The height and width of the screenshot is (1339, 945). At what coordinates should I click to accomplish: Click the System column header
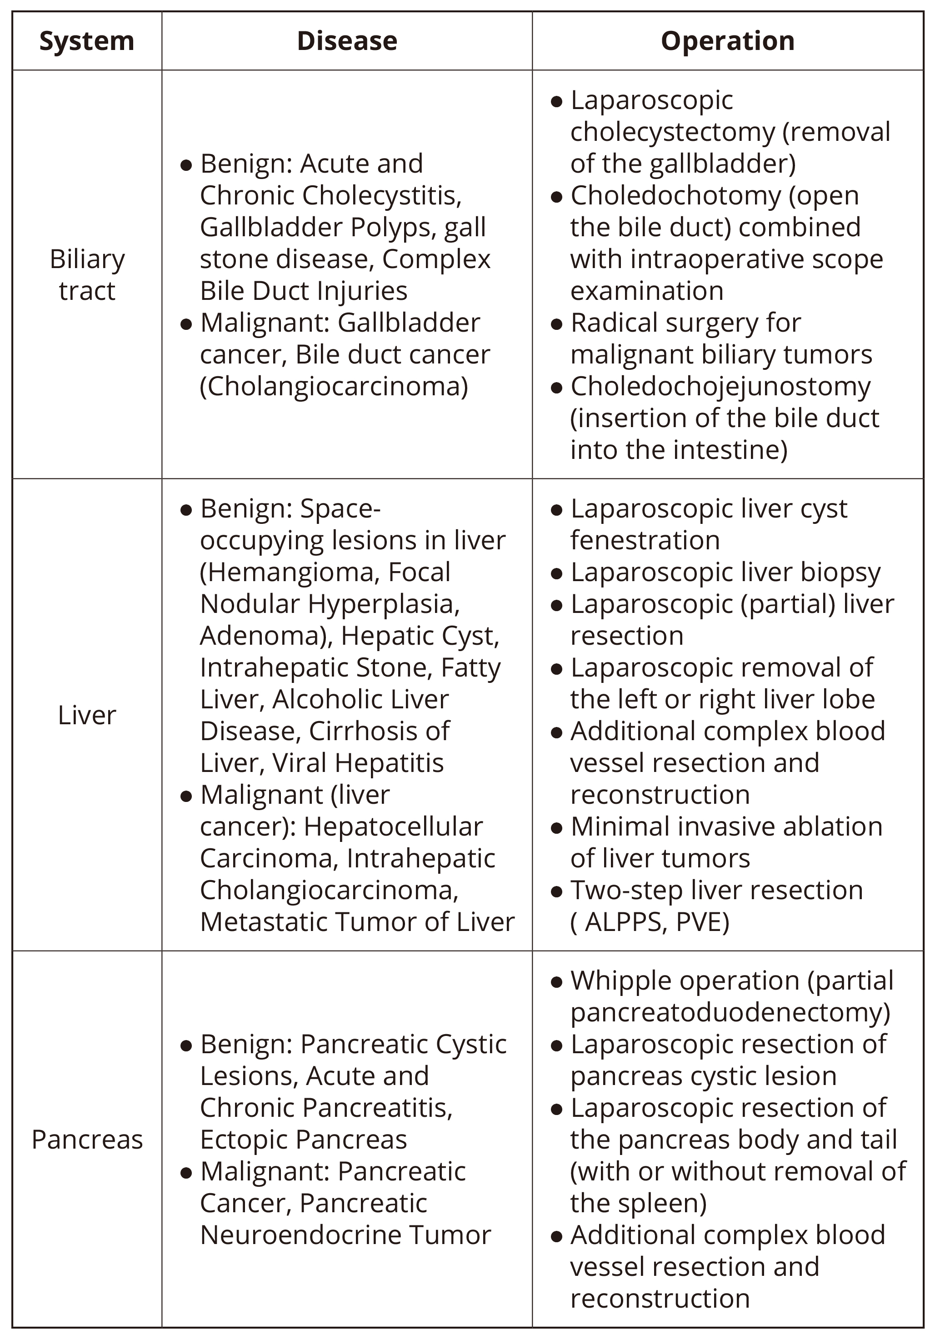(x=86, y=41)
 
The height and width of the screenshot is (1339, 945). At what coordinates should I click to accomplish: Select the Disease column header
(x=347, y=41)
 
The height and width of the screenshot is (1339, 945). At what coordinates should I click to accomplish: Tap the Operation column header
(x=727, y=41)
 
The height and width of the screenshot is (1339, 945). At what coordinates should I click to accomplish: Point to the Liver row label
(x=87, y=715)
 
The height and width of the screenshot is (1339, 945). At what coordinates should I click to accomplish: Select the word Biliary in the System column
(x=87, y=259)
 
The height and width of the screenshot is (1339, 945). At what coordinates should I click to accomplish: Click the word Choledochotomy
(x=675, y=196)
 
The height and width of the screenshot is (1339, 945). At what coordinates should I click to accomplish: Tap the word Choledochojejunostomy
(x=720, y=387)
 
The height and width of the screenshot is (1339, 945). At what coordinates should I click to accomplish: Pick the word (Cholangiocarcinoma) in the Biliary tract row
(x=334, y=387)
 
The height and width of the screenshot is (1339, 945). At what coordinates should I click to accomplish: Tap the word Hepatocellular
(x=393, y=827)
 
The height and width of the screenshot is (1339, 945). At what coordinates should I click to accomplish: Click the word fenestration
(x=645, y=541)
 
